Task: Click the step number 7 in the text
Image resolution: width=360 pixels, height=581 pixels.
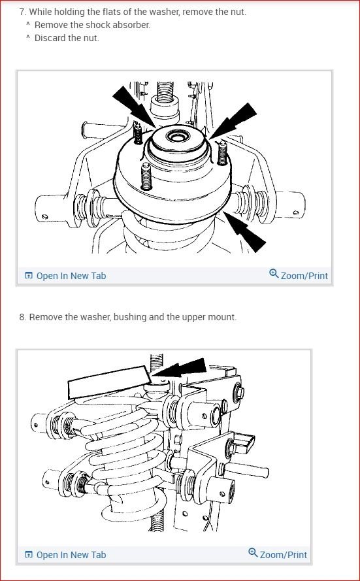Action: (22, 12)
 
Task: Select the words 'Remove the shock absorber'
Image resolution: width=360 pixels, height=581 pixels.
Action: (92, 25)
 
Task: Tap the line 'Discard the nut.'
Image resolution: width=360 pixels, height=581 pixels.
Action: (67, 37)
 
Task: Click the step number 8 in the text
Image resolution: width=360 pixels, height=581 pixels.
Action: (22, 317)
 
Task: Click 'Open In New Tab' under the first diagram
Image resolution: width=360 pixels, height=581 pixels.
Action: (71, 276)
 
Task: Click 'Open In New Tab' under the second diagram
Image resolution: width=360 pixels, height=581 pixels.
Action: (71, 555)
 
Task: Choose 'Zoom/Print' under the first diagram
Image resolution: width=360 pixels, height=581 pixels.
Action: (304, 276)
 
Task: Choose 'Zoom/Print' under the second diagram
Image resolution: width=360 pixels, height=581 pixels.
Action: (283, 555)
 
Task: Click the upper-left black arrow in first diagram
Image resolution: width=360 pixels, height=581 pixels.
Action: (134, 107)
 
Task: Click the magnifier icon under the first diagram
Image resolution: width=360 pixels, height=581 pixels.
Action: (274, 274)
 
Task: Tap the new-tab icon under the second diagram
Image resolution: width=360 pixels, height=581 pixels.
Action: (29, 555)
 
